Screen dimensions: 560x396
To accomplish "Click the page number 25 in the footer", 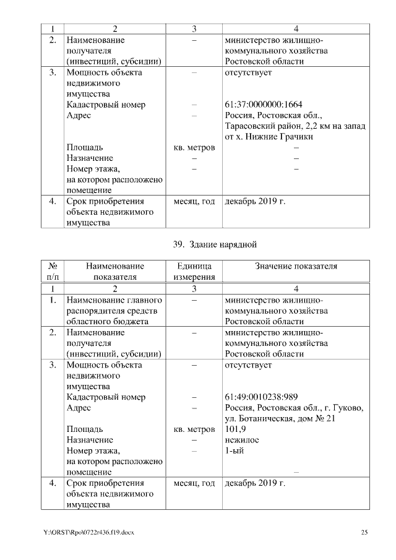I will [x=364, y=533].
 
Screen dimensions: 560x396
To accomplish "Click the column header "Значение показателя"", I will [x=296, y=266].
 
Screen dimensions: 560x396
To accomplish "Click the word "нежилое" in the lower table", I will [x=242, y=439].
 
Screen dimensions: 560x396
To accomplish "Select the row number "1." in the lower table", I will [x=53, y=300].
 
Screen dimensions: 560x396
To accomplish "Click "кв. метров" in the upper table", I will [x=194, y=148].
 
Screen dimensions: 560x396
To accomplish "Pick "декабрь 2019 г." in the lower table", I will [x=255, y=483].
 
